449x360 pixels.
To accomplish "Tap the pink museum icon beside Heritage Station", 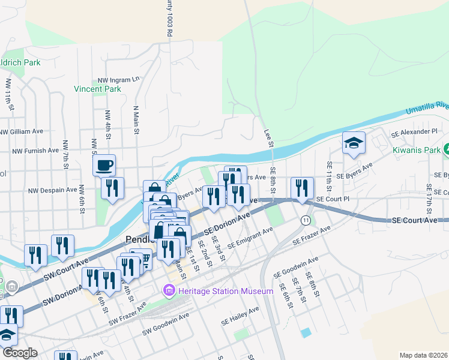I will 169,292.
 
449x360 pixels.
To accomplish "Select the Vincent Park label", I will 97,89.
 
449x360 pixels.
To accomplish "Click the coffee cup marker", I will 104,165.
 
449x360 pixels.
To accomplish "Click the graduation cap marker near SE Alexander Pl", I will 354,143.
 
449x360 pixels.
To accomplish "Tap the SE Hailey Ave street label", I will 241,311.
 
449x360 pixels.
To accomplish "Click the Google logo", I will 19,353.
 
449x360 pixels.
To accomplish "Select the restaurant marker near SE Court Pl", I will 302,188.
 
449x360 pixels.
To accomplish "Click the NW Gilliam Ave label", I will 22,131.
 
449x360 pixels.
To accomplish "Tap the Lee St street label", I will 268,138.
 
